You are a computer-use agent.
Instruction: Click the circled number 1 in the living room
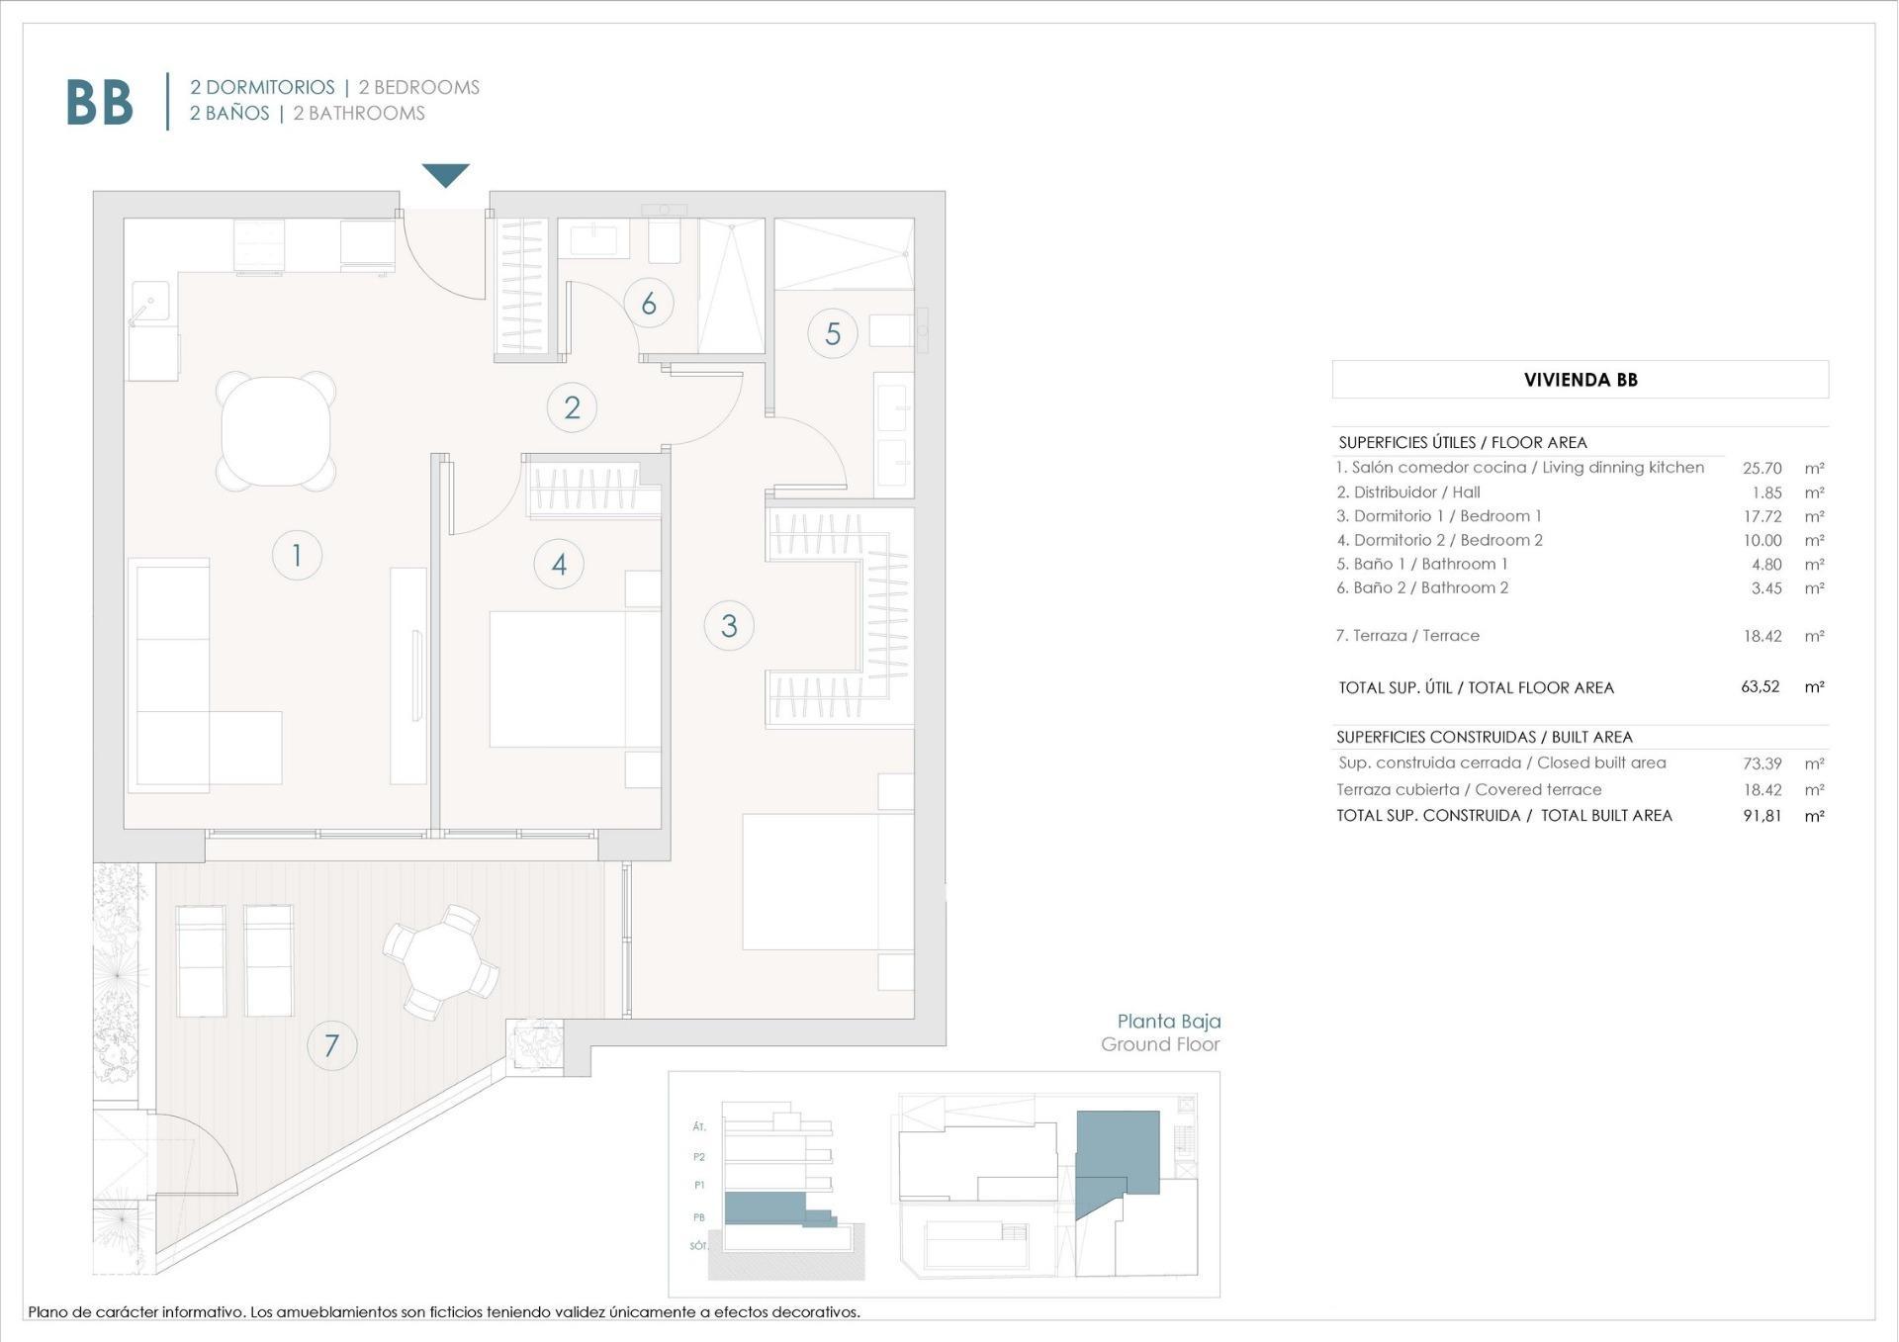tap(297, 555)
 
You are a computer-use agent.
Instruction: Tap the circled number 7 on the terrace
tap(331, 1045)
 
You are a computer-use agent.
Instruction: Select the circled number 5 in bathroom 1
tap(832, 333)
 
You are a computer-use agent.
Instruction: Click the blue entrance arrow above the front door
tap(446, 175)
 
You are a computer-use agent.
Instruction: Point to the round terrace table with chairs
tap(441, 961)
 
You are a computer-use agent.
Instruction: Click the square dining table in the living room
tap(276, 431)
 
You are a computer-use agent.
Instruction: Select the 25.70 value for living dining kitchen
tap(1762, 468)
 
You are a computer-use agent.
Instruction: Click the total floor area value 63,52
tap(1760, 686)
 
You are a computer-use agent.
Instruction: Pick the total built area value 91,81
tap(1762, 816)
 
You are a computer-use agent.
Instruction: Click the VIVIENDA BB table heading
tap(1580, 380)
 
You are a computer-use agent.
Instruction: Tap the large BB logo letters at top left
tap(99, 102)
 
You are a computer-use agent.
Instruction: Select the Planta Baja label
tap(1168, 1022)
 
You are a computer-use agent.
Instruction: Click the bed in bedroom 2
tap(575, 678)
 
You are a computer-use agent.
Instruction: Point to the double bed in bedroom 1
tap(828, 881)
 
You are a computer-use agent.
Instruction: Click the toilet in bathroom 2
tap(665, 240)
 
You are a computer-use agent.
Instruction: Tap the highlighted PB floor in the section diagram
tap(764, 1208)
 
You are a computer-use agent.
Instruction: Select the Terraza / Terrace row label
tap(1407, 636)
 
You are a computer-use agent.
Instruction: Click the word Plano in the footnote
tap(46, 1312)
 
